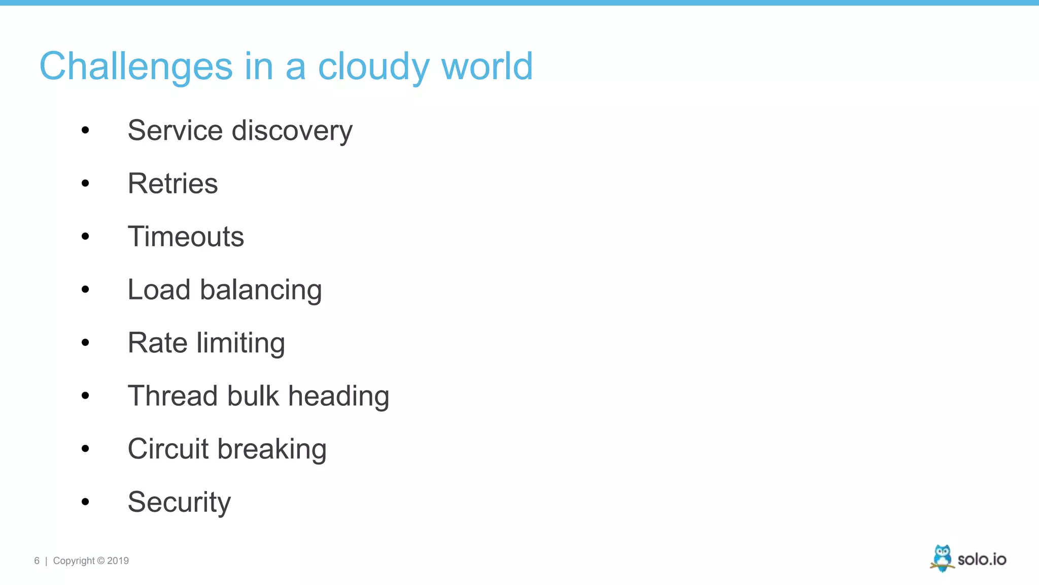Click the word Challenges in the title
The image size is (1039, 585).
click(x=135, y=67)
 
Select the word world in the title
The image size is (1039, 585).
click(x=487, y=67)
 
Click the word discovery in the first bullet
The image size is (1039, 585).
click(x=292, y=131)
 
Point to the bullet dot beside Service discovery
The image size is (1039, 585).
click(x=85, y=131)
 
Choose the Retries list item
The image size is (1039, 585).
click(x=172, y=183)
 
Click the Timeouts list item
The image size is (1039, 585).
click(x=186, y=237)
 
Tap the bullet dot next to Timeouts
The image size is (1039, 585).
click(x=85, y=236)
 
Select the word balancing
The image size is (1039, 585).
click(x=261, y=290)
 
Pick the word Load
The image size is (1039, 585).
click(x=159, y=289)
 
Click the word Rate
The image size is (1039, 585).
click(x=158, y=343)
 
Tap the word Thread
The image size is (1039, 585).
click(x=172, y=396)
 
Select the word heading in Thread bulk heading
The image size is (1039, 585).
click(x=338, y=396)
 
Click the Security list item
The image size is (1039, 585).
click(x=179, y=502)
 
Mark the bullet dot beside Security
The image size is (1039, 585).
click(x=85, y=502)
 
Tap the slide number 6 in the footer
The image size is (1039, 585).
click(x=37, y=561)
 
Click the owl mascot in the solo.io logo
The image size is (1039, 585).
click(x=942, y=558)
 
